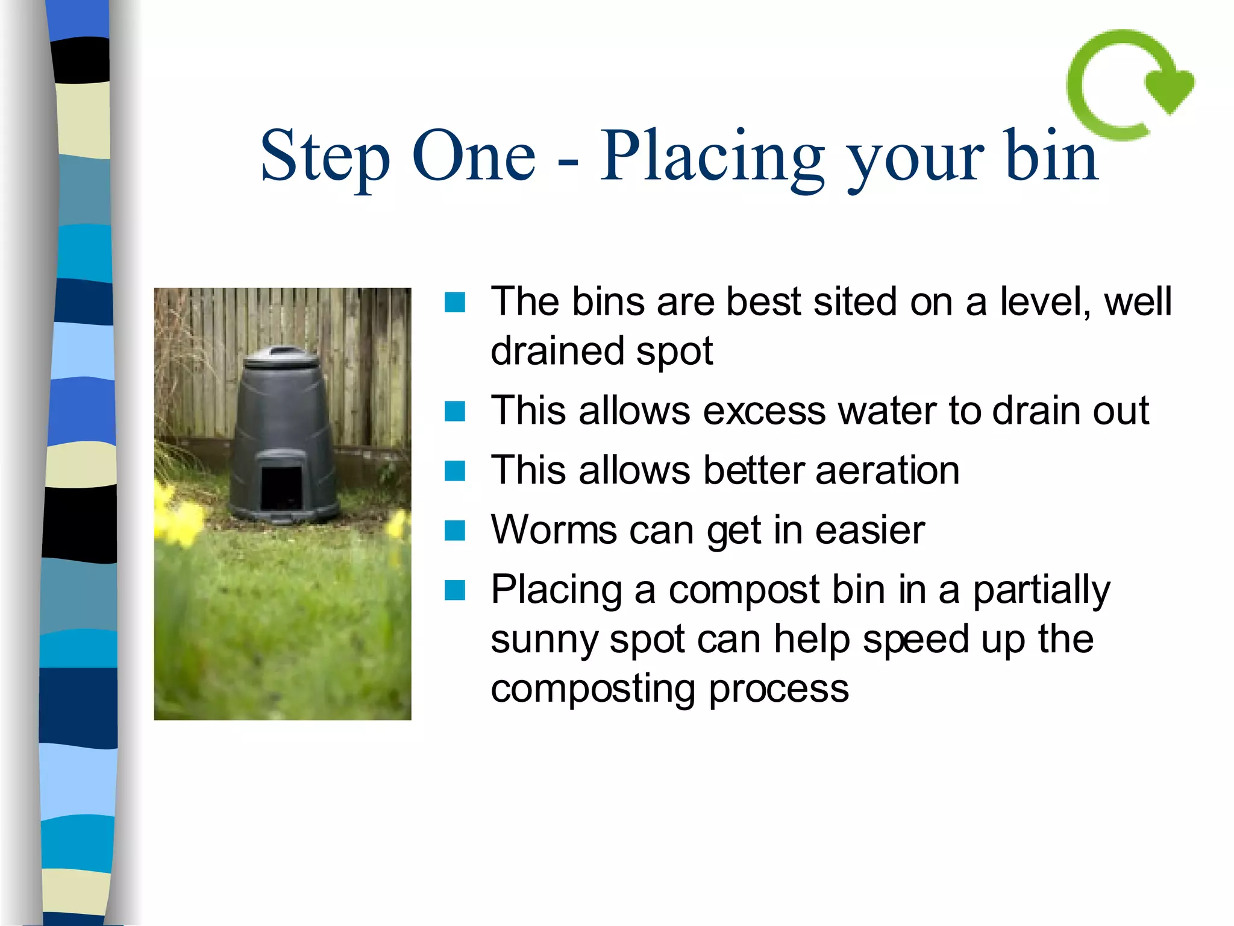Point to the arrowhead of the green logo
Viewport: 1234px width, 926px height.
tap(1170, 90)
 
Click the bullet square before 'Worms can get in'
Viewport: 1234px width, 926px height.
tap(455, 531)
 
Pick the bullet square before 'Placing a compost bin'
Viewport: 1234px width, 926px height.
tap(455, 590)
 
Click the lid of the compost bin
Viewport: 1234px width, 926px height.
tap(281, 358)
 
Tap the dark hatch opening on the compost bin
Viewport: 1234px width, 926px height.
tap(281, 487)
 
